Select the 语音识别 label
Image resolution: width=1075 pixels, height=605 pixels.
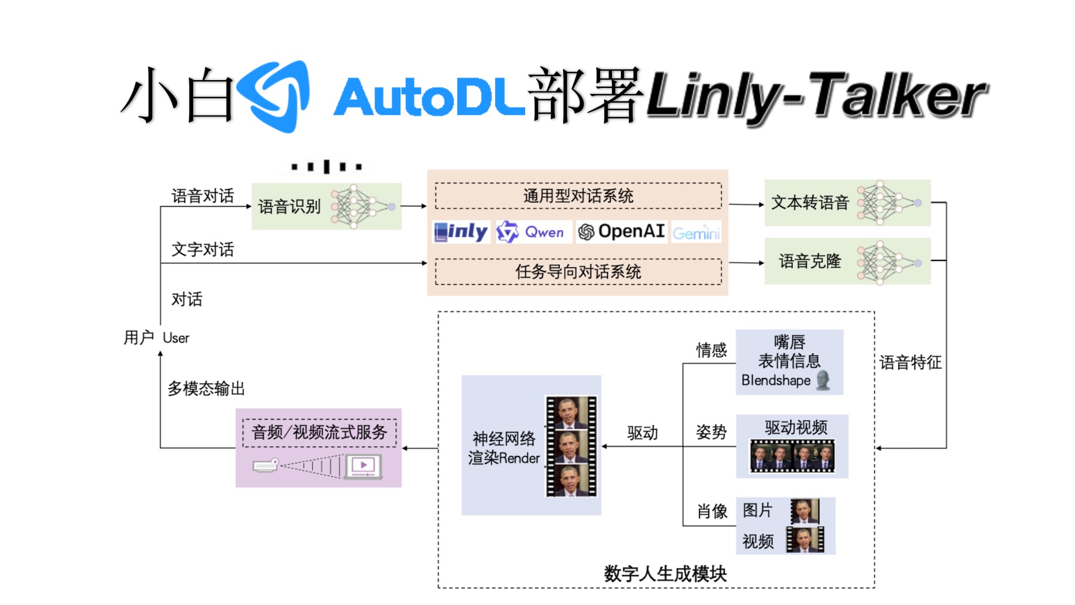[x=289, y=207]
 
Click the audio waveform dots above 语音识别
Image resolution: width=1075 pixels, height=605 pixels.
[x=327, y=166]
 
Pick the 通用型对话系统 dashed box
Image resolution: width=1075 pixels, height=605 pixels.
[x=578, y=196]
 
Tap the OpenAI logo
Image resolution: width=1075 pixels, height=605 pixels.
[x=621, y=231]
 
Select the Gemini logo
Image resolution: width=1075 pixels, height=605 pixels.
[x=696, y=232]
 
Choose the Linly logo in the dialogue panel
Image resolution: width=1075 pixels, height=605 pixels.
[x=461, y=232]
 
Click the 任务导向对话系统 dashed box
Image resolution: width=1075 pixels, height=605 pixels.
[x=578, y=272]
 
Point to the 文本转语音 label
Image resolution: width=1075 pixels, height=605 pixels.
[x=810, y=203]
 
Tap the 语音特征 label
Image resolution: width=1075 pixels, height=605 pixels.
[x=910, y=362]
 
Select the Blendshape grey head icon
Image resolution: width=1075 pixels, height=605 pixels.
[x=822, y=380]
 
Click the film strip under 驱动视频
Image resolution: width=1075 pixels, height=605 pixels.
[x=792, y=455]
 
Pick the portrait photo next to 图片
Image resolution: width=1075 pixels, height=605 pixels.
[x=805, y=510]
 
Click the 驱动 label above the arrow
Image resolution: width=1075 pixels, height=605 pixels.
[x=642, y=433]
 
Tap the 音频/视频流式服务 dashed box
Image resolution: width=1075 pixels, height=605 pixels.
[x=319, y=432]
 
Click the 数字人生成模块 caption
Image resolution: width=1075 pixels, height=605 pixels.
[x=665, y=574]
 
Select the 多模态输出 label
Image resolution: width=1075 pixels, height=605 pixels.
[x=206, y=388]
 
